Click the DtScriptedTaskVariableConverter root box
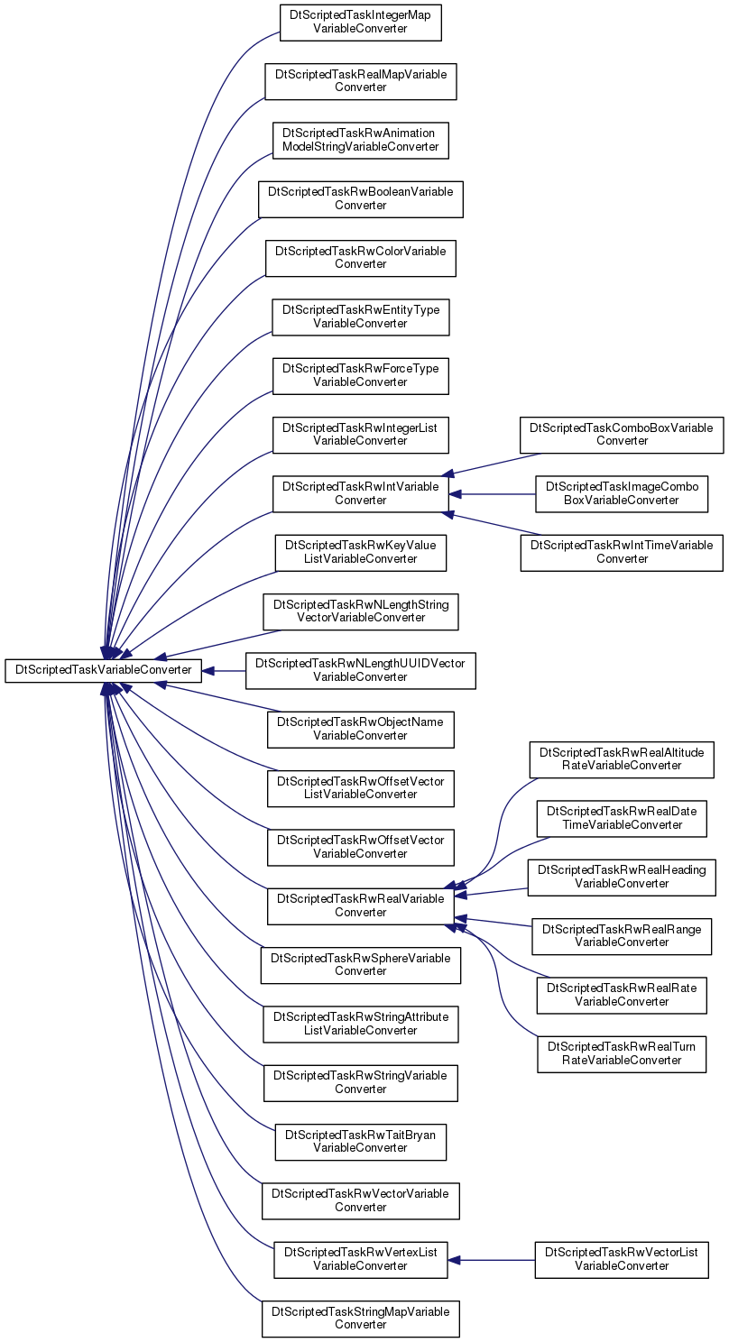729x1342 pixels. click(103, 670)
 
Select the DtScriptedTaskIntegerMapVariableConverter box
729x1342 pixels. click(360, 23)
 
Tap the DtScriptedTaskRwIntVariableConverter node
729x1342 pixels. click(360, 493)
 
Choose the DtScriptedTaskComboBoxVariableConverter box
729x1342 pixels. click(622, 435)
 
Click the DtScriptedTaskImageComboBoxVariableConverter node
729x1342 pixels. click(622, 493)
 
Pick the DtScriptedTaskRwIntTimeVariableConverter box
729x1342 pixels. click(622, 552)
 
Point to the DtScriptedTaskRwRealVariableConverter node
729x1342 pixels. click(360, 905)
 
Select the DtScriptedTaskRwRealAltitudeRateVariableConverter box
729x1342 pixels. click(622, 759)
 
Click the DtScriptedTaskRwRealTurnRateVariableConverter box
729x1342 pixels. click(622, 1053)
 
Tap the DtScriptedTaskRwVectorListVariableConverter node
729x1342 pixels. click(622, 1259)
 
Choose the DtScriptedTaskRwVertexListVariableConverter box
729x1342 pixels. click(360, 1259)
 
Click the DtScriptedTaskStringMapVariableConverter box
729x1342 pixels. click(360, 1319)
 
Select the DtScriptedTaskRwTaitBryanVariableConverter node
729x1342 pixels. click(360, 1142)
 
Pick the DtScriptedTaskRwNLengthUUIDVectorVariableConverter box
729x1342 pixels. click(360, 671)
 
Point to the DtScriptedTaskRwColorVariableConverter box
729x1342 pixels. click(360, 258)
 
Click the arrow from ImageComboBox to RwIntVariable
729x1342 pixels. click(492, 494)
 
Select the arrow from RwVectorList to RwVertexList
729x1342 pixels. click(491, 1260)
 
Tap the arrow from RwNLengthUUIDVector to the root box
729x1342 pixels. click(224, 671)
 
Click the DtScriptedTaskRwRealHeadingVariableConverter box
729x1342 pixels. click(622, 878)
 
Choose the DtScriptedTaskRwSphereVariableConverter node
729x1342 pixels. click(360, 965)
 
